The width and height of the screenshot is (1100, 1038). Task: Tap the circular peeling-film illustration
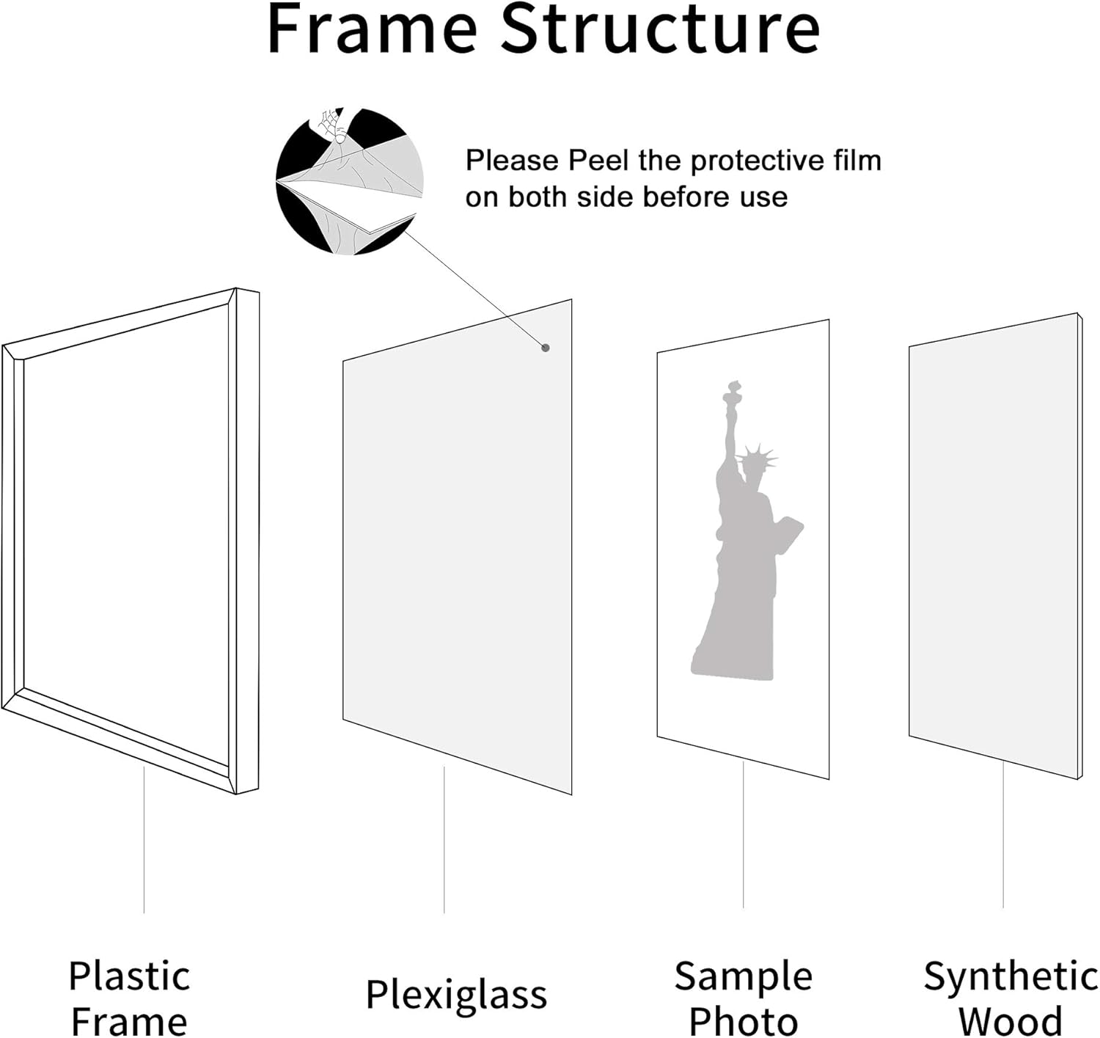350,180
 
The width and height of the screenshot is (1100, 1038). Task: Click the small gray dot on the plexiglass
546,348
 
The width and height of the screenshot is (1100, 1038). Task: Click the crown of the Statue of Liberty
756,458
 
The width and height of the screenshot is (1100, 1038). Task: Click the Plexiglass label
456,995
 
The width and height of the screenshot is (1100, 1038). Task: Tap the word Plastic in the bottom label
129,976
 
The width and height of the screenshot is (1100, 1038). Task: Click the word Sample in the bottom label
743,976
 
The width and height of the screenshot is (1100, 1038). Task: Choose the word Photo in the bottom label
743,1021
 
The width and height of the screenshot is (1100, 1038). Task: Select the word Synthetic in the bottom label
1010,976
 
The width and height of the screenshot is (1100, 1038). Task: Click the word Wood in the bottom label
1010,1021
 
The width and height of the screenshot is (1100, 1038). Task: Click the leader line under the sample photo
743,836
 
